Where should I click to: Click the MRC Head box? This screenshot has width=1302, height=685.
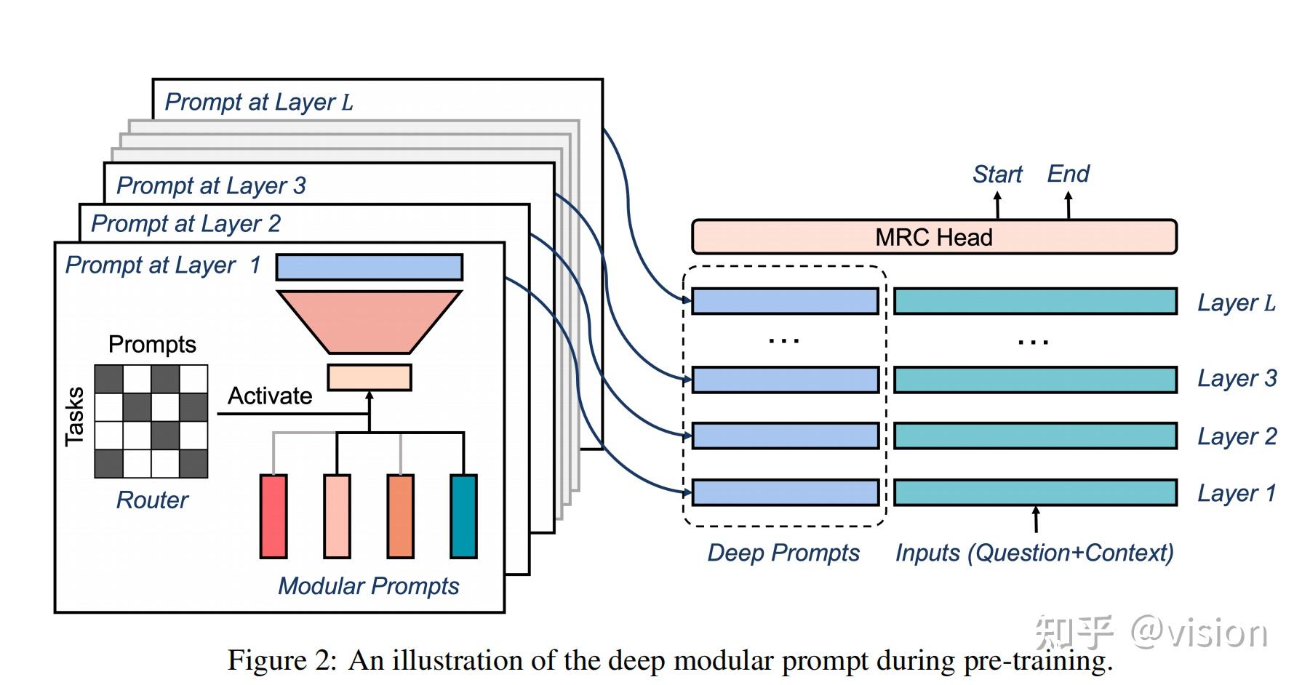[x=933, y=237]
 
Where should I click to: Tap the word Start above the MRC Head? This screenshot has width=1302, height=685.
[x=997, y=175]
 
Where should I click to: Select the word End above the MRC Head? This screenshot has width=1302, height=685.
[x=1068, y=174]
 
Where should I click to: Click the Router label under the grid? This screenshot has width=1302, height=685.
[x=152, y=500]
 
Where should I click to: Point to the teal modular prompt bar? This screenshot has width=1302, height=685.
[x=463, y=516]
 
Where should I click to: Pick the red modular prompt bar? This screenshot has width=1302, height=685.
[x=273, y=516]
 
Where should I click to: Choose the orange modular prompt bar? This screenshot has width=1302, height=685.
[x=400, y=516]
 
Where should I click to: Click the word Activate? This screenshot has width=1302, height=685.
[x=270, y=396]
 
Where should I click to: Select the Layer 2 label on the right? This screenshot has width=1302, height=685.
[x=1237, y=436]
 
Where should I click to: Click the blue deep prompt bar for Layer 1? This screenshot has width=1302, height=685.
[x=785, y=493]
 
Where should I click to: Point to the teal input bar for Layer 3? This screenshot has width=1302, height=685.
[x=1035, y=380]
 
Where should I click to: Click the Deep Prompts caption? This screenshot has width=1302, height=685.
[x=783, y=553]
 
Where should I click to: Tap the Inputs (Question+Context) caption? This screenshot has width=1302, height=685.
[x=1034, y=553]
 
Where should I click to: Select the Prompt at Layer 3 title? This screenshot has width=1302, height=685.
[x=211, y=186]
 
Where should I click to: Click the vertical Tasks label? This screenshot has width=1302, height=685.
[x=75, y=417]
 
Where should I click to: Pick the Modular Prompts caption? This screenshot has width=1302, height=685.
[x=368, y=586]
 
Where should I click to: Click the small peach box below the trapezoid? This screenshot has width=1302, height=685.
[x=370, y=377]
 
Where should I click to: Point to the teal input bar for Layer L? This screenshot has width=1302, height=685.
[x=1035, y=302]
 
